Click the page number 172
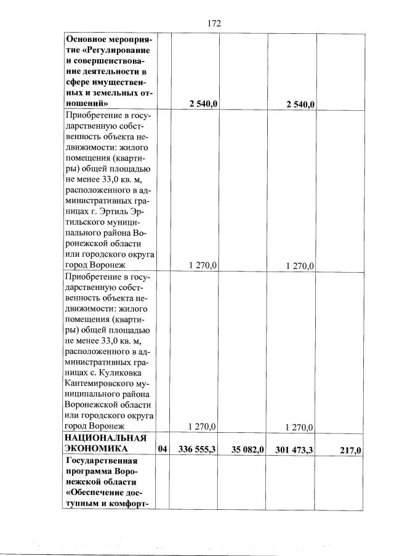click(x=214, y=23)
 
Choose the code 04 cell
click(x=163, y=449)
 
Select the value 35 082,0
click(x=244, y=449)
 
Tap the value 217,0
click(x=350, y=450)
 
